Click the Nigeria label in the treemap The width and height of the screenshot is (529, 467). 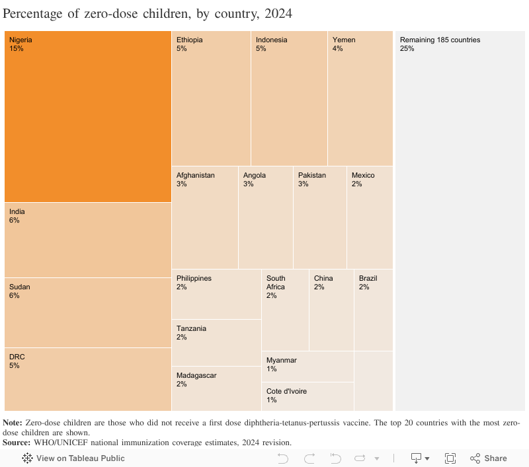20,40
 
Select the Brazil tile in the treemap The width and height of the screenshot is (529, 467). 373,309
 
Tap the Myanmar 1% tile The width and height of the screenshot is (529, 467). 307,367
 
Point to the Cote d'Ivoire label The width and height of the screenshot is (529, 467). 286,391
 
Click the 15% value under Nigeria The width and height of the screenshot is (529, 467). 17,48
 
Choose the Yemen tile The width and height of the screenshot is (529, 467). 360,99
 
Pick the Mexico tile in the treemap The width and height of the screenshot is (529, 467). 370,217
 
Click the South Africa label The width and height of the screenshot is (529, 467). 276,283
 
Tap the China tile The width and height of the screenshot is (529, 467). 331,309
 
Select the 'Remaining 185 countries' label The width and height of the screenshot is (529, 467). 440,40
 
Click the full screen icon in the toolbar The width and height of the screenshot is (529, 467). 450,458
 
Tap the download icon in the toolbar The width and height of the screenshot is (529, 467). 417,458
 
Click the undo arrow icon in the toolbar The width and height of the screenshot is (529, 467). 283,458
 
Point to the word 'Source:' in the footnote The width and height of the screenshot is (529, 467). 17,442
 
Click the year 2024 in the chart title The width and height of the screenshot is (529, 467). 275,13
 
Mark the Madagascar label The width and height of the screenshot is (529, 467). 196,375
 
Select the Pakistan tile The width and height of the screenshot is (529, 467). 319,217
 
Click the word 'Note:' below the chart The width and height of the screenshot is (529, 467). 13,422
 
